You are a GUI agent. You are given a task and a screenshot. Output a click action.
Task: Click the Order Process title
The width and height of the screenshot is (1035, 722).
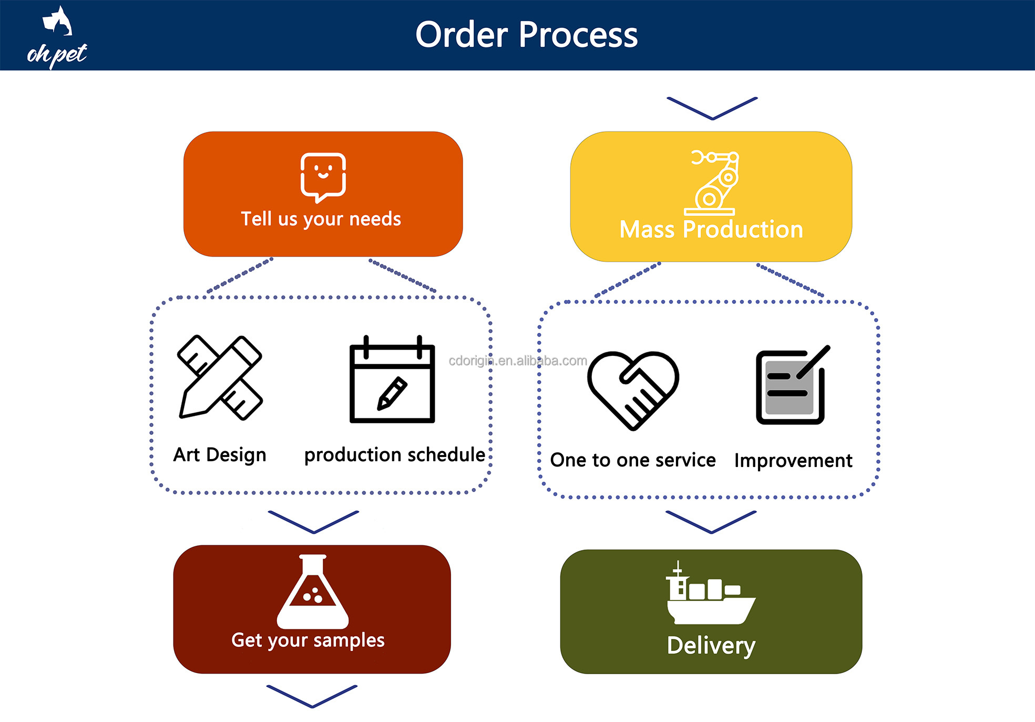(x=526, y=35)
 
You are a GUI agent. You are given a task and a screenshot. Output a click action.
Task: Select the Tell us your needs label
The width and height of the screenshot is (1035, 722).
(x=321, y=219)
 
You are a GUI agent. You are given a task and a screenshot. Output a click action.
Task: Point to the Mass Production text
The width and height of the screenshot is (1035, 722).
(x=711, y=229)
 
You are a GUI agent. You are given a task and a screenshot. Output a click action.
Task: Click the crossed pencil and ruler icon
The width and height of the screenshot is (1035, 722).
(x=220, y=377)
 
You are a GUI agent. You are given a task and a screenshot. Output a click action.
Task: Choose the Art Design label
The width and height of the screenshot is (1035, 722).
(x=220, y=455)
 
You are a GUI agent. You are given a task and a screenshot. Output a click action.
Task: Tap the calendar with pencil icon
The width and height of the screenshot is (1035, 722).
(x=392, y=379)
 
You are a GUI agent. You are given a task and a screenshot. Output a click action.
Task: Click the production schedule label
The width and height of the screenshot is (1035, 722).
(x=395, y=455)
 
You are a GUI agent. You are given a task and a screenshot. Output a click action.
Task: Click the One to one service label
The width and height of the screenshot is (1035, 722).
(x=633, y=460)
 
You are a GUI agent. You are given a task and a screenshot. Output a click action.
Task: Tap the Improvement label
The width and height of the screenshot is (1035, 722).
(x=793, y=461)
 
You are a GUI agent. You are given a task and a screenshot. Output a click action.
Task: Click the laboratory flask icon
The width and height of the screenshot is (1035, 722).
(x=313, y=592)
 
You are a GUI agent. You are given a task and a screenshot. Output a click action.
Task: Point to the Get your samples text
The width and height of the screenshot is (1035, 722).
(x=308, y=640)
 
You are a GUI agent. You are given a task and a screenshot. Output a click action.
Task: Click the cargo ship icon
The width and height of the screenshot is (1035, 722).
(x=711, y=593)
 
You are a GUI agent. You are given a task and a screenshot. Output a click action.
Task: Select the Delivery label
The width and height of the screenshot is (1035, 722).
(x=711, y=646)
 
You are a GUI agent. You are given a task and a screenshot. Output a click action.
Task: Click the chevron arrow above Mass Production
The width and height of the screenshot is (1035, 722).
(x=712, y=108)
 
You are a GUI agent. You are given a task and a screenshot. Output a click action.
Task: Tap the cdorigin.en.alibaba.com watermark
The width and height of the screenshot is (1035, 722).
(x=518, y=361)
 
